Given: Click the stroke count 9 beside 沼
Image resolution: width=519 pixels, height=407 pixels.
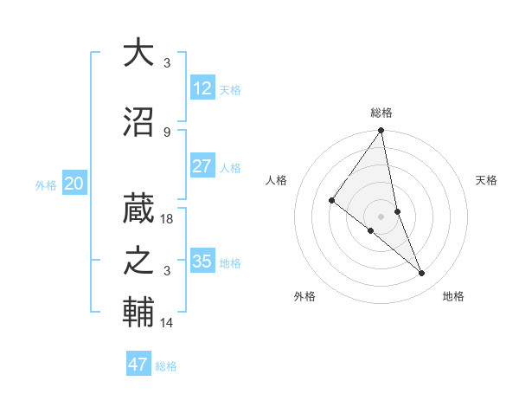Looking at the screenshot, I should [167, 132].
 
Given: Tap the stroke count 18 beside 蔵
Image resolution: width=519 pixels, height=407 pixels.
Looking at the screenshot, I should [168, 219].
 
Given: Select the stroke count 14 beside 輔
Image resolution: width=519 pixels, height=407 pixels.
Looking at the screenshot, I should [168, 323].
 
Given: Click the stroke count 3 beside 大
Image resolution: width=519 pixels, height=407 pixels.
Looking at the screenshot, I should [167, 63].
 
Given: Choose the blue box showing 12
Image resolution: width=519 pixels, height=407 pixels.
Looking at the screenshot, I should [202, 88].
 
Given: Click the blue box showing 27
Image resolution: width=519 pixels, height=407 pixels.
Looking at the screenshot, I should [202, 166].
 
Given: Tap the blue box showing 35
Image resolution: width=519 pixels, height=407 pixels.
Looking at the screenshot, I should [202, 262].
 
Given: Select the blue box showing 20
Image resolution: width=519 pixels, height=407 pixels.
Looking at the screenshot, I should [74, 184].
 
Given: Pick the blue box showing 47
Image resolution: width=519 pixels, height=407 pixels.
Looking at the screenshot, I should [138, 365].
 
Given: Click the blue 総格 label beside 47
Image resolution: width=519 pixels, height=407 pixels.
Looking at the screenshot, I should [167, 366].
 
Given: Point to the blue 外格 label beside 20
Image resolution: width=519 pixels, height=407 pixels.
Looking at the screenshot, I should [46, 185].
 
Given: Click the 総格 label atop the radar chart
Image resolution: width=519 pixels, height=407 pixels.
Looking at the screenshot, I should [381, 113].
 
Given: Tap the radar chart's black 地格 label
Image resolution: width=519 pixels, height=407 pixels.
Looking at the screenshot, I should [453, 297].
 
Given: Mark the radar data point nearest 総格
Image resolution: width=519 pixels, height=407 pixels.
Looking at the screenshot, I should [381, 131].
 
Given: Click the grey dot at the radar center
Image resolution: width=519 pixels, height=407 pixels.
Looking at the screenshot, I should [381, 216].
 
